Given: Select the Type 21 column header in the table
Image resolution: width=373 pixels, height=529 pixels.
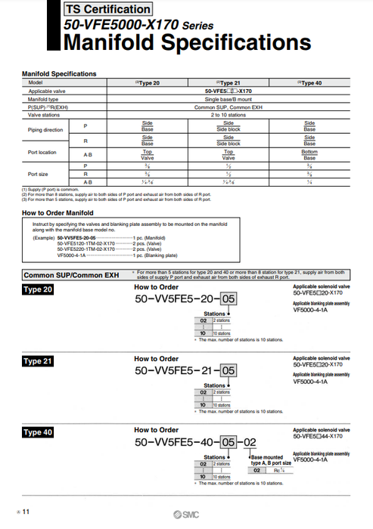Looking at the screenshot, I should point(228,82).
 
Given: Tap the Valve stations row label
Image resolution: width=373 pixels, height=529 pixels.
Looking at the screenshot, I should point(45,116).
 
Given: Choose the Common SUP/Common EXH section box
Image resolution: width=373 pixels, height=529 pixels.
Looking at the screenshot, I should point(73,276).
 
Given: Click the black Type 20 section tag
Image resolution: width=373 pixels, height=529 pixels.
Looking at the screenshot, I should point(38,290).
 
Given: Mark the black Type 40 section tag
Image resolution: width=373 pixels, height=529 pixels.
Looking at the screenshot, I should point(38,432).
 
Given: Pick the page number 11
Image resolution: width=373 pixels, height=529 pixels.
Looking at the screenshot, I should point(26,512).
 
